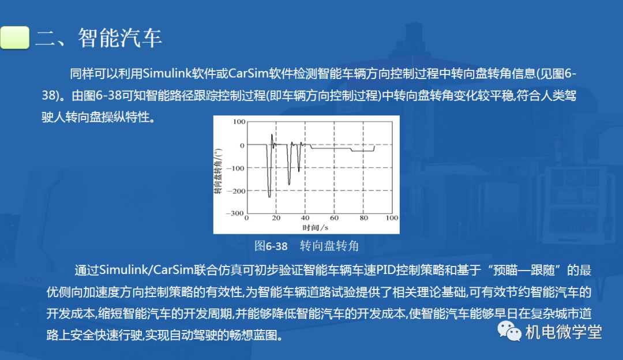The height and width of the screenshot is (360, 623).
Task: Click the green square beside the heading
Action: (14, 37)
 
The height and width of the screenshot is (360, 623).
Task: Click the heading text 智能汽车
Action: (120, 38)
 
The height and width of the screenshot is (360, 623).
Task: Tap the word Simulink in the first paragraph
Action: (167, 73)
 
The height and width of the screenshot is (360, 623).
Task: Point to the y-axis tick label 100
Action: (239, 122)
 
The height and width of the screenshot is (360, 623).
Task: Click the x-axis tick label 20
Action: (276, 217)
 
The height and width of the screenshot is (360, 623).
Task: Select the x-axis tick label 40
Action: (305, 217)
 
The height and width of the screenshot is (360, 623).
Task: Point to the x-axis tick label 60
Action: (334, 217)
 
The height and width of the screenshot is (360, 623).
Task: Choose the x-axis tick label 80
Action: (363, 217)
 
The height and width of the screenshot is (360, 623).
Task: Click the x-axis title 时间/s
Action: (315, 227)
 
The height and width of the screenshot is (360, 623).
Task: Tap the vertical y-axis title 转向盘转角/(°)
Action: (218, 171)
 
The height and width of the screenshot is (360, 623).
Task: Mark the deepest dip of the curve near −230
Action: (269, 197)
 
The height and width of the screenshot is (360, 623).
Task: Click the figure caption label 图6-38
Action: (271, 246)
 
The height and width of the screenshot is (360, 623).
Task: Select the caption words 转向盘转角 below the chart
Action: (329, 246)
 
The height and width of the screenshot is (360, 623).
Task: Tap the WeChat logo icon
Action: (509, 331)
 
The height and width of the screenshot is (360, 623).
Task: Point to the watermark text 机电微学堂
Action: (564, 332)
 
